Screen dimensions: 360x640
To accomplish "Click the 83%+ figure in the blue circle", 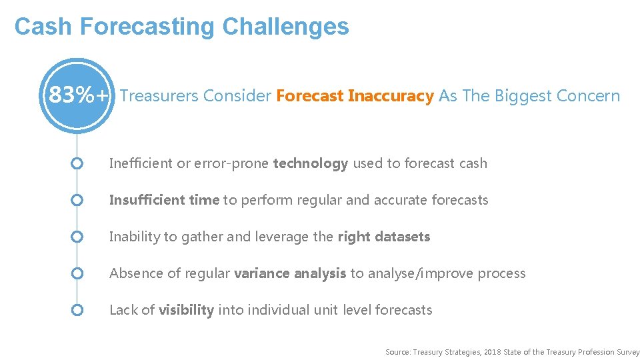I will [78, 96].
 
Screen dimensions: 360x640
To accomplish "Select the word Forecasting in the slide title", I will [147, 27].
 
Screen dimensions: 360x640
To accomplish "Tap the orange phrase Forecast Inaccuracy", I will [355, 96].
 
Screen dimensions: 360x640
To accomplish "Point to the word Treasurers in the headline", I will [159, 96].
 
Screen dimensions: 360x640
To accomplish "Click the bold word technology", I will [310, 163].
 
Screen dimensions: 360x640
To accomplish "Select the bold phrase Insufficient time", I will [164, 200].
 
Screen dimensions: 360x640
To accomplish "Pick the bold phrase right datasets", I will [383, 237].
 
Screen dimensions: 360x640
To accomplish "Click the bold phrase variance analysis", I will [290, 273].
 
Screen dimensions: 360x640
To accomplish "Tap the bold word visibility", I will [186, 310].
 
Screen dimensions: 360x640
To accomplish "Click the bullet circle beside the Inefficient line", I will [77, 163].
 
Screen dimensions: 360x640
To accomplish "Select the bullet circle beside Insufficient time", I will [77, 200].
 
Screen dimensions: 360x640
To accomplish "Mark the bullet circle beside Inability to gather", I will [77, 237].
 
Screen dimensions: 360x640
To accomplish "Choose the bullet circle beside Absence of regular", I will [77, 273].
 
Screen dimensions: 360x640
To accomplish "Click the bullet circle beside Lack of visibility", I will [77, 310].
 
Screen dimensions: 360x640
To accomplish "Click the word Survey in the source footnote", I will [628, 351].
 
